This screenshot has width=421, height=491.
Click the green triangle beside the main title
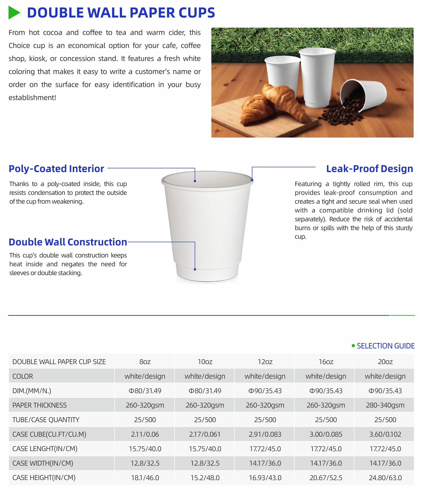pos(14,13)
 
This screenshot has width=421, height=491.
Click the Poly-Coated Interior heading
pos(56,169)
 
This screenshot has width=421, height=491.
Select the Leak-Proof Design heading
pos(369,169)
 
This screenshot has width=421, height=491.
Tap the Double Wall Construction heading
pos(68,242)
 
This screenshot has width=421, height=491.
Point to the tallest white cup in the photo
pos(318,76)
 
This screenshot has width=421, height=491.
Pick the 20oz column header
pos(385,362)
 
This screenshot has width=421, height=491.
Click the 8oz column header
pos(145,362)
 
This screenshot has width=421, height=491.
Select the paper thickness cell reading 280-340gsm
pos(385,405)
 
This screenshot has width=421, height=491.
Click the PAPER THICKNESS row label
pos(39,405)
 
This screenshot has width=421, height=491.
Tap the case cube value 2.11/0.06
pos(145,434)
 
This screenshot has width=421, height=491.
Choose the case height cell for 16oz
pos(325,478)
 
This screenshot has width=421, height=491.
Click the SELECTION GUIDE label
pos(385,346)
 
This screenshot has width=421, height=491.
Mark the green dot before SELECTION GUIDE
pos(353,346)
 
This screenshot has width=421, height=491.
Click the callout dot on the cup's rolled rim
pos(252,180)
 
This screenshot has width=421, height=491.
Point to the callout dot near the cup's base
pos(195,269)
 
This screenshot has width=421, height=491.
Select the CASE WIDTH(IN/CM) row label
pos(43,463)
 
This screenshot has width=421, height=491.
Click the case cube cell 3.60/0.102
pos(385,434)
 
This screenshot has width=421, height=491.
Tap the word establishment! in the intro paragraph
pos(32,98)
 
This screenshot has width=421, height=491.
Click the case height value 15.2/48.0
pos(205,478)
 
